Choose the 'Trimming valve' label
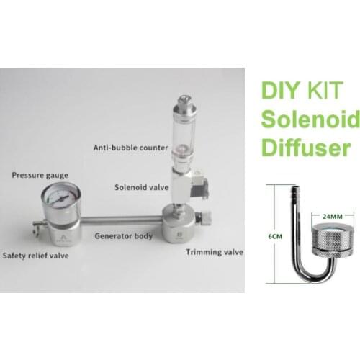pyautogui.click(x=213, y=252)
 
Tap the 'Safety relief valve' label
pyautogui.click(x=38, y=255)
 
